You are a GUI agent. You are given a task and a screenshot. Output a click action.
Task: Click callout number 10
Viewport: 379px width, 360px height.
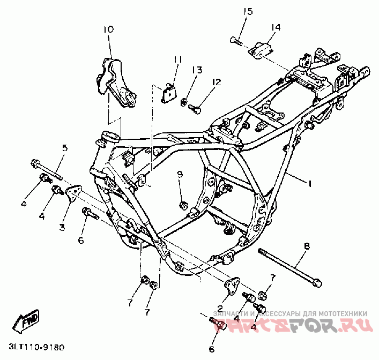pyautogui.click(x=108, y=29)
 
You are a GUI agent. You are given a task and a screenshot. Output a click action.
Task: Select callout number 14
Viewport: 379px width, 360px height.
pyautogui.click(x=275, y=27)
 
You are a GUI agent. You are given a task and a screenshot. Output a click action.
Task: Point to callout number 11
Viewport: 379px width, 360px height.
pyautogui.click(x=177, y=59)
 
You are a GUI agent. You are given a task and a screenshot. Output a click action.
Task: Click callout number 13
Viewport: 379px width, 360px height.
pyautogui.click(x=197, y=70)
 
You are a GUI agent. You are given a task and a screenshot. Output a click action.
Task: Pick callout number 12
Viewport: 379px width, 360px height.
pyautogui.click(x=216, y=82)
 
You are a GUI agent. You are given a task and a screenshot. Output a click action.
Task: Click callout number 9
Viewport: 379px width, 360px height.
pyautogui.click(x=180, y=174)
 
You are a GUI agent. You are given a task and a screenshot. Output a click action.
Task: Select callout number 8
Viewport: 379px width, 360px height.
pyautogui.click(x=307, y=246)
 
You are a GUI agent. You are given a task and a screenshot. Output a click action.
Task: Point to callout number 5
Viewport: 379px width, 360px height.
pyautogui.click(x=64, y=148)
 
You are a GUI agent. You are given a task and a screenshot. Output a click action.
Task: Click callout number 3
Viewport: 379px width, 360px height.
pyautogui.click(x=62, y=227)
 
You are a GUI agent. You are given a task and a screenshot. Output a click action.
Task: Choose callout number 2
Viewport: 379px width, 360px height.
pyautogui.click(x=219, y=308)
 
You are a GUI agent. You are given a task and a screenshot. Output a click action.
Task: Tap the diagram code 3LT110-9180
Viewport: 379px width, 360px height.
pyautogui.click(x=36, y=347)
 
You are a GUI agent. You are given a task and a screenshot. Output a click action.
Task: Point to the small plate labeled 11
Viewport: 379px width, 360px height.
pyautogui.click(x=169, y=92)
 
